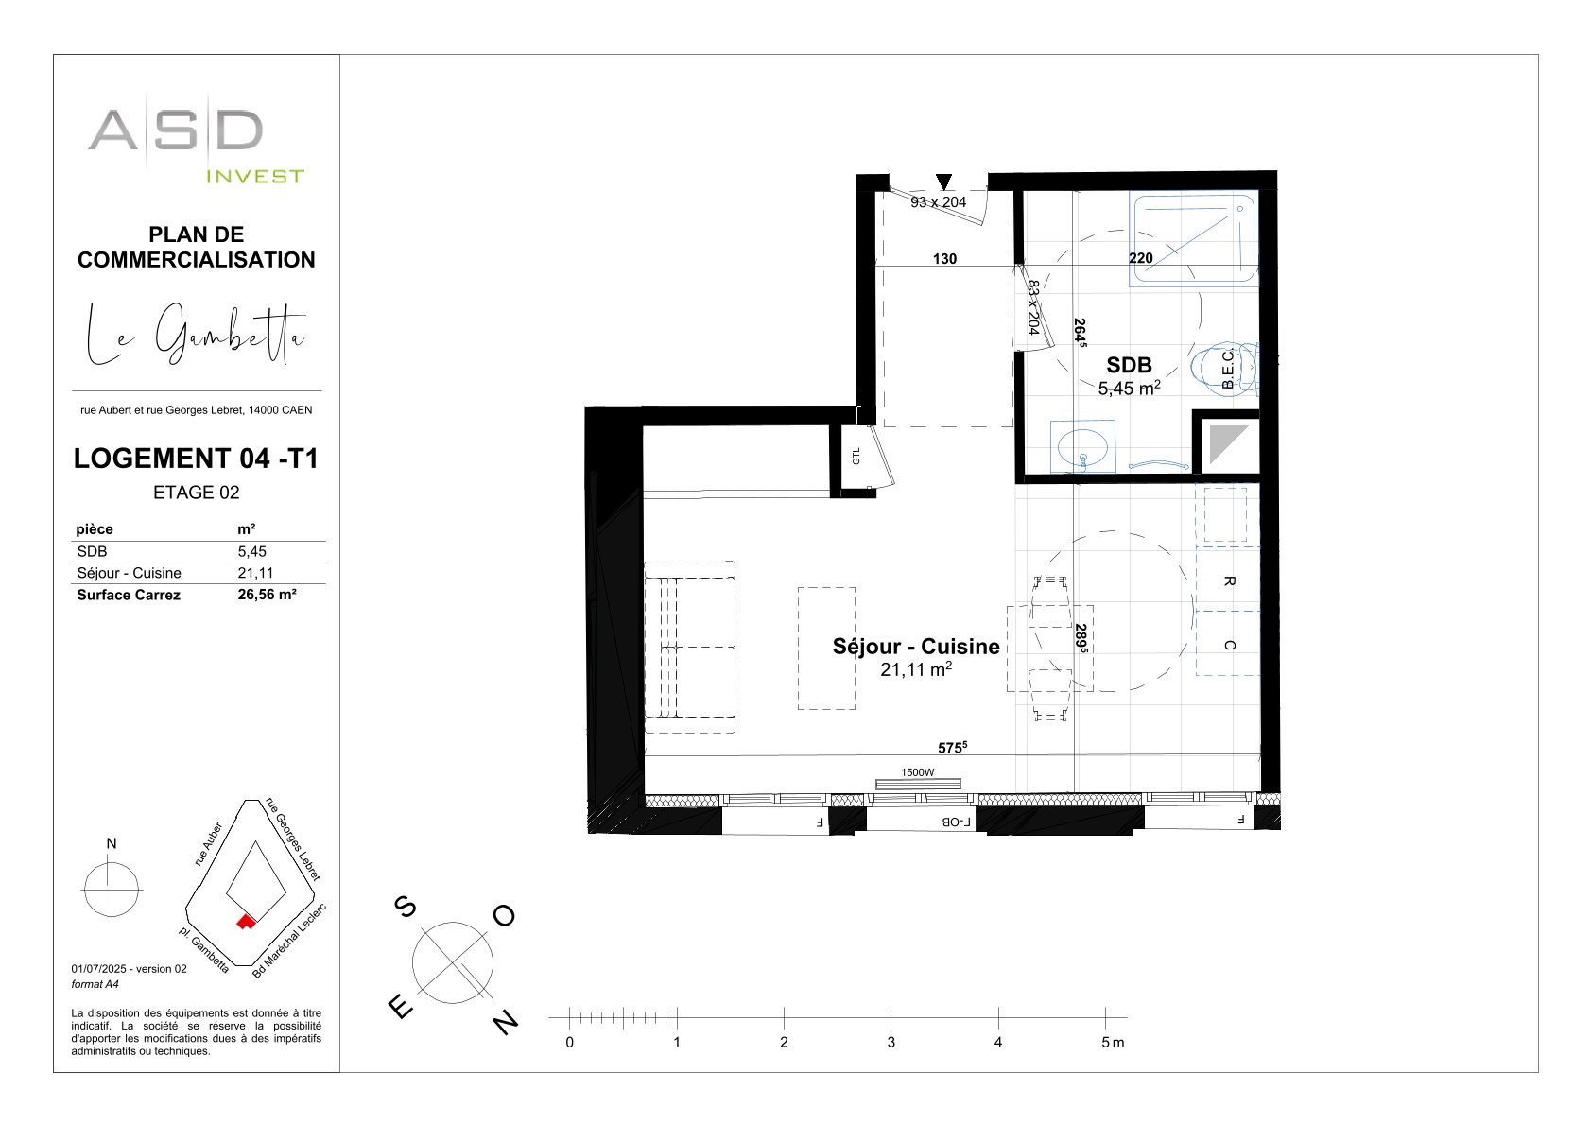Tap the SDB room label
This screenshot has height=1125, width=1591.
[1129, 365]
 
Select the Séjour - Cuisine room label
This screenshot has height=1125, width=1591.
[915, 647]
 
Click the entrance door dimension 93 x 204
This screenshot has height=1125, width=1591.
[939, 202]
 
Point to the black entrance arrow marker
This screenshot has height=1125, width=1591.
[943, 182]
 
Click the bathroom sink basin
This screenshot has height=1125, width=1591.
[1082, 447]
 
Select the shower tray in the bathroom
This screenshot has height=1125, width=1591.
[1193, 240]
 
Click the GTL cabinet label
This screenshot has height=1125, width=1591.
[856, 456]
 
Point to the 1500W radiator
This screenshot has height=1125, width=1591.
[918, 784]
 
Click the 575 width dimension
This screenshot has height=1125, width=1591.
[953, 747]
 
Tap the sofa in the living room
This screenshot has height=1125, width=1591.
[690, 647]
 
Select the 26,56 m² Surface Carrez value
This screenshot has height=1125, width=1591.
[267, 595]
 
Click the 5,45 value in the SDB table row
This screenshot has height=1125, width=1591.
[252, 551]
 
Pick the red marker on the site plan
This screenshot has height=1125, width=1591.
[246, 922]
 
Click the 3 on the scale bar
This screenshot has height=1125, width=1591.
[891, 1042]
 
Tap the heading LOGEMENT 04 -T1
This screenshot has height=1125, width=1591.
[196, 459]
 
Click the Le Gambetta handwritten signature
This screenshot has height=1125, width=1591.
[196, 334]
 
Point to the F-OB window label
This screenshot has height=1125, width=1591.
[956, 822]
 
